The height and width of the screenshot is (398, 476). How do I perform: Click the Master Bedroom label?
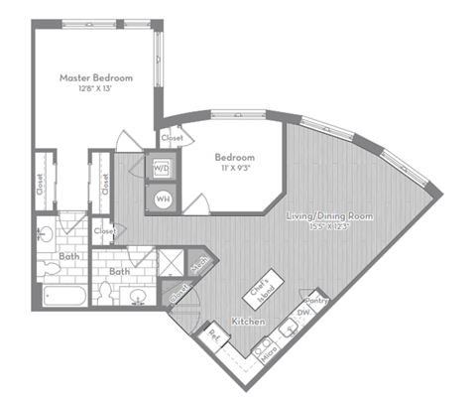96,77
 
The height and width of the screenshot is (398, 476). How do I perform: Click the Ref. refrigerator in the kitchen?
213,334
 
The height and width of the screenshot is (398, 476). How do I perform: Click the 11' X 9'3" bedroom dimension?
235,171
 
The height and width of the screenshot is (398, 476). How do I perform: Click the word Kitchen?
247,324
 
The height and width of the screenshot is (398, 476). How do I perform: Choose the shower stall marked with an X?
173,260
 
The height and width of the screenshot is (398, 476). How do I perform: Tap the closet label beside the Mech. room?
178,292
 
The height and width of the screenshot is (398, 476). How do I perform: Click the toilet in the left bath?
47,235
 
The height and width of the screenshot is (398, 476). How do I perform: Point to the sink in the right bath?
138,295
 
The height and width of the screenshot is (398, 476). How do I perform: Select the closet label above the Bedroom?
172,138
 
